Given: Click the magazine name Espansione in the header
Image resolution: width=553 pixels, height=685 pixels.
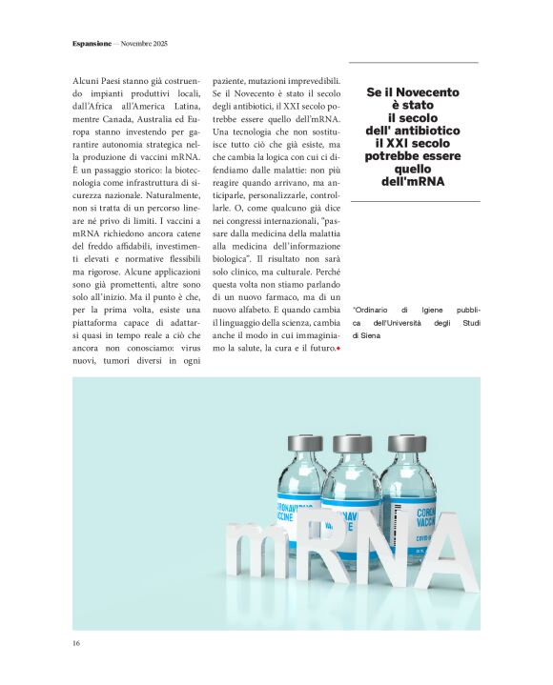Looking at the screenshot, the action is coord(92,44).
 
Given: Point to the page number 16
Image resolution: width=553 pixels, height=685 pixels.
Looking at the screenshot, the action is coord(76,644).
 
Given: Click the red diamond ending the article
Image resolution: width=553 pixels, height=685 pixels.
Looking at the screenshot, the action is coord(338,350).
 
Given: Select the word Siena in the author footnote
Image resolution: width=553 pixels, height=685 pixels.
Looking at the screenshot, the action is coord(366,335).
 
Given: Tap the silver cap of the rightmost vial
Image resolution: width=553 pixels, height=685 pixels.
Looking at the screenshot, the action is coord(407,443).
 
